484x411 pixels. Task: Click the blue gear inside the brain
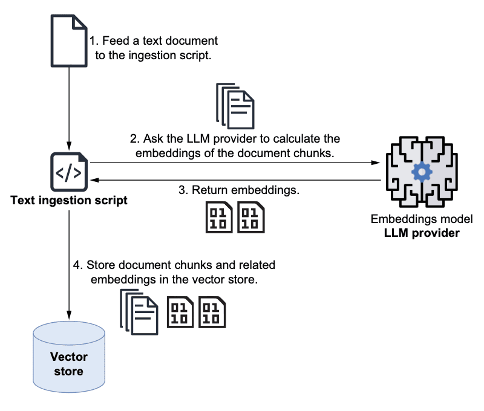(421, 173)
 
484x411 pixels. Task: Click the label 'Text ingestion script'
(69, 200)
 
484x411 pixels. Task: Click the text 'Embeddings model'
(421, 219)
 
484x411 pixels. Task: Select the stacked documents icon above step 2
(235, 105)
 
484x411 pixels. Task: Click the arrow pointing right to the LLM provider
(236, 163)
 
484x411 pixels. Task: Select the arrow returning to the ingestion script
(236, 180)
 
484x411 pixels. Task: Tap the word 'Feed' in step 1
(116, 41)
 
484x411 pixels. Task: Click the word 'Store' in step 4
(100, 265)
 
